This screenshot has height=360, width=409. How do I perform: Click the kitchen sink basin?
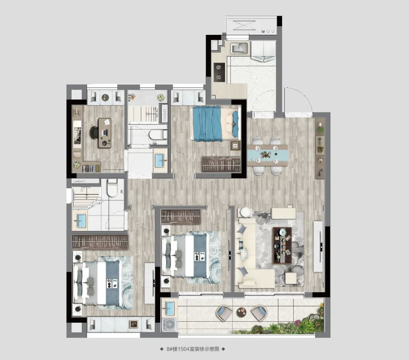pos(239,48)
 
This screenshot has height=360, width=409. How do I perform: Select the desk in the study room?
pos(105,133)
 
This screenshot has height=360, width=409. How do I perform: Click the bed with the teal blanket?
pos(215,124)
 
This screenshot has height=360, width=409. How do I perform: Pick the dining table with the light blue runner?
pos(267,155)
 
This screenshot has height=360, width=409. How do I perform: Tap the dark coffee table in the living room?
pos(282,246)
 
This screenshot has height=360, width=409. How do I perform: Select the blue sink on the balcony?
pos(169,308)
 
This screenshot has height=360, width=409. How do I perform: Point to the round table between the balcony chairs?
pos(241,312)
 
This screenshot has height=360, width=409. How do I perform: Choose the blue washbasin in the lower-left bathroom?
pos(81,220)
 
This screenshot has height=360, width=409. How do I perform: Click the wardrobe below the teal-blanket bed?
pos(221,164)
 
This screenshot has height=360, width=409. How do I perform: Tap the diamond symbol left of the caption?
pos(162,349)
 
